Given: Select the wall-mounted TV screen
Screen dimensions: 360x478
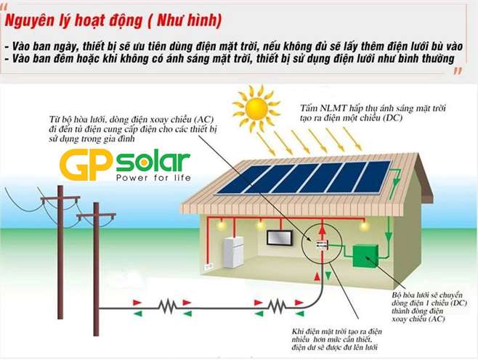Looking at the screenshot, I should [x=280, y=237].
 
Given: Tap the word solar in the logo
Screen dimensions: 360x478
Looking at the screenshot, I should [x=153, y=160].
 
